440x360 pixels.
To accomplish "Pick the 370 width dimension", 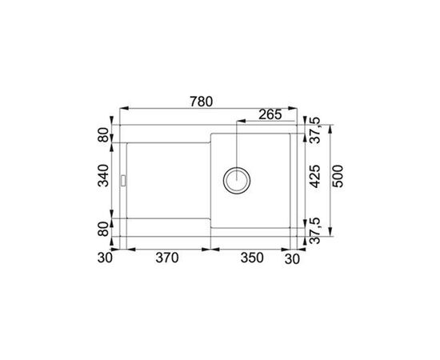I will coord(166,258).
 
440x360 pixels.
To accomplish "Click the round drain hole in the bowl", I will coord(238,178).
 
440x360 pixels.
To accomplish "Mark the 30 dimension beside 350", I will coord(294,258).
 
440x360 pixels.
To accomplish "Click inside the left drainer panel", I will coord(164,180).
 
